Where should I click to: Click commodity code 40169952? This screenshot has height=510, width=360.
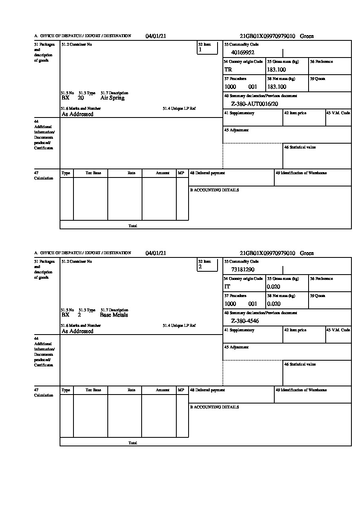[243, 52]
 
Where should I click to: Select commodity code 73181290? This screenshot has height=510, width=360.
[243, 269]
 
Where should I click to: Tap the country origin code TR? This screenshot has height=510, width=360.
[228, 70]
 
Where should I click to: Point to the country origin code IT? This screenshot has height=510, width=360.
[227, 287]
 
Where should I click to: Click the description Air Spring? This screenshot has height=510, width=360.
[112, 98]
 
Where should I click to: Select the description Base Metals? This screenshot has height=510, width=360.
[114, 315]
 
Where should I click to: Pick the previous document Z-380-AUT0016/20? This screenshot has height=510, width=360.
[255, 104]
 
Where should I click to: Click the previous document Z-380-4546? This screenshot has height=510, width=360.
[245, 321]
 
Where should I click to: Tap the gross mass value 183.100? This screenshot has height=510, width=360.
[277, 70]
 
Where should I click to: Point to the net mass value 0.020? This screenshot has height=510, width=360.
[274, 304]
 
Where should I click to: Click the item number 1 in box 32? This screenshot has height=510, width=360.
[200, 50]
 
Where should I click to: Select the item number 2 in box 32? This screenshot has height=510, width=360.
[200, 267]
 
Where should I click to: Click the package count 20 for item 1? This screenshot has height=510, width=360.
[81, 98]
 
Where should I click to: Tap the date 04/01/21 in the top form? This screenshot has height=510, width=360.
[156, 36]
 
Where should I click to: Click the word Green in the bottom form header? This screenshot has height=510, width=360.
[307, 253]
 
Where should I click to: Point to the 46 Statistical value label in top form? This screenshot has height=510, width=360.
[300, 147]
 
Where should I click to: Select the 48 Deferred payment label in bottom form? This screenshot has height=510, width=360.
[207, 390]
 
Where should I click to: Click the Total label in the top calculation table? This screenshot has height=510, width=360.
[133, 226]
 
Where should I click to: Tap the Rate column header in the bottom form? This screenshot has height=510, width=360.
[131, 390]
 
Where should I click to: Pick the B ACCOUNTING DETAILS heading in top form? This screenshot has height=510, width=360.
[214, 190]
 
